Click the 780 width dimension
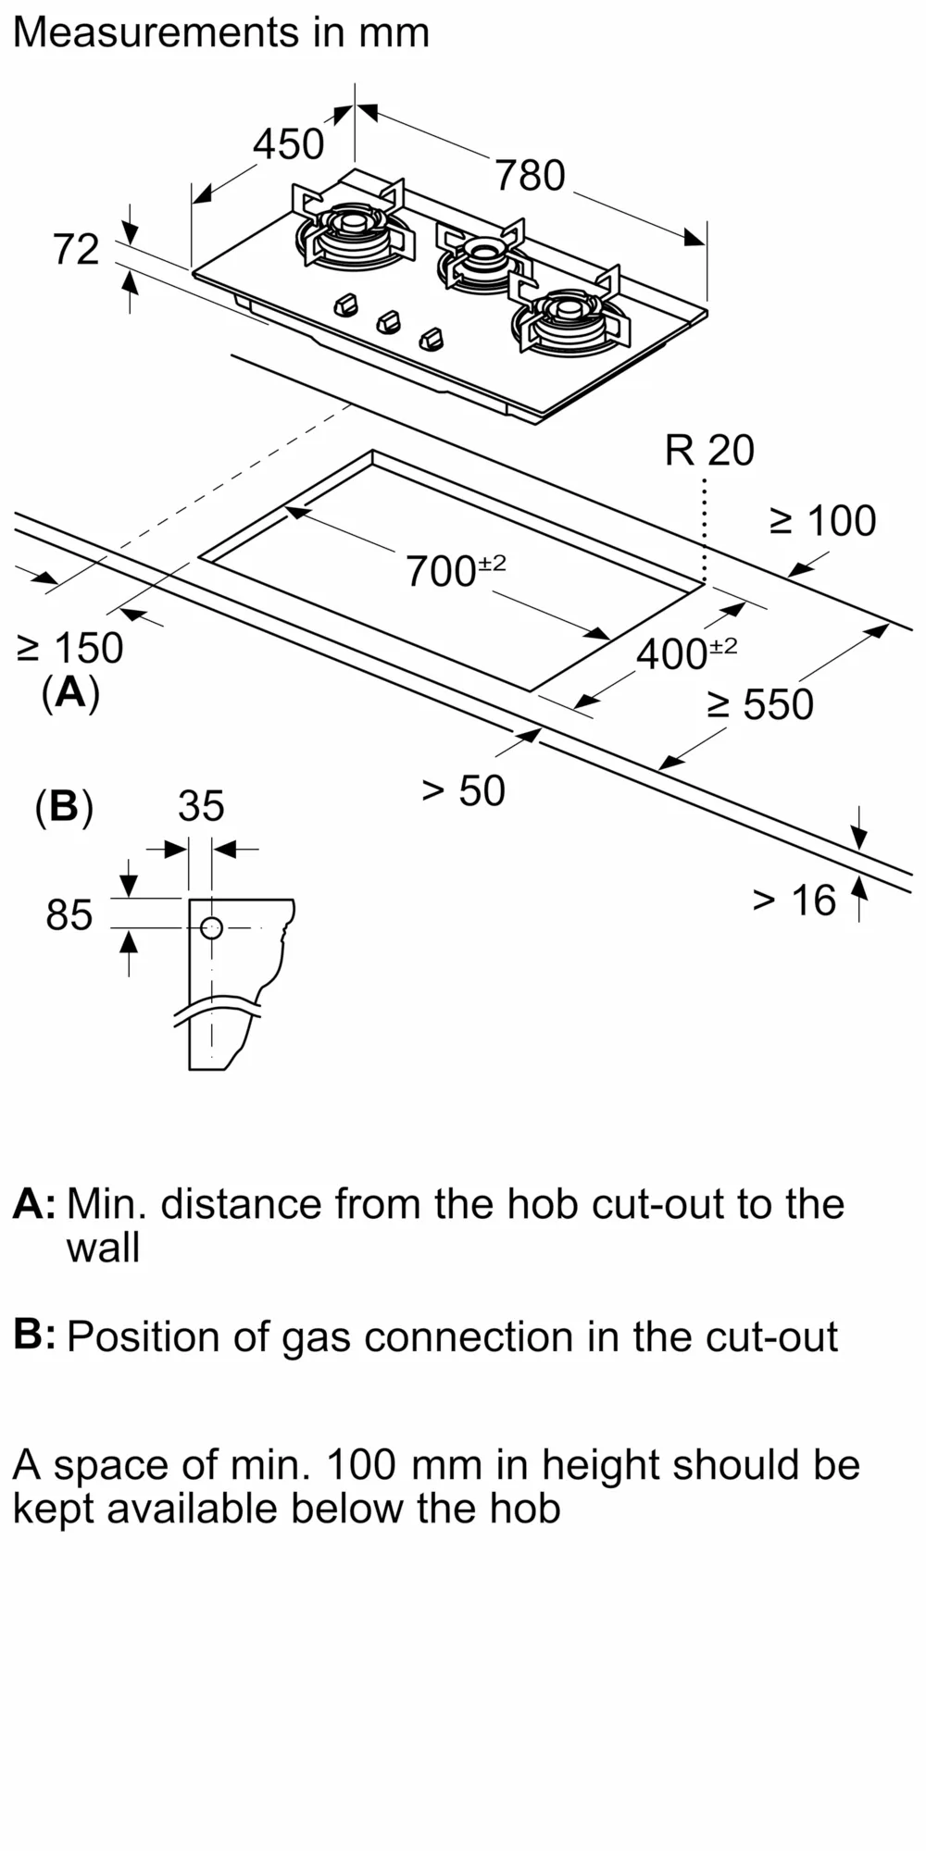(x=530, y=176)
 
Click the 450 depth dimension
(x=288, y=144)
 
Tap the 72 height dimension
(x=75, y=250)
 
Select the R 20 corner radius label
(x=709, y=451)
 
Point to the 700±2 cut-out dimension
(x=455, y=570)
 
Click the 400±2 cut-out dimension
(x=686, y=653)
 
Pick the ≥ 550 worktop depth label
(x=760, y=705)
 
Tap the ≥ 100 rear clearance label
(x=822, y=521)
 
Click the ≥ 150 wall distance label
(x=70, y=648)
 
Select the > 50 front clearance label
(x=463, y=790)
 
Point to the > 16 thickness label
(x=794, y=901)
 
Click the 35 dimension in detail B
(x=201, y=806)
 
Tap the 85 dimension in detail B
(x=69, y=915)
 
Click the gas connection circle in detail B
(x=211, y=927)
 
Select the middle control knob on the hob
(x=389, y=321)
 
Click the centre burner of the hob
(x=482, y=249)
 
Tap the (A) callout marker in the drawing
(x=70, y=692)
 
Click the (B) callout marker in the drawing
(x=64, y=806)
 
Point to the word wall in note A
(x=103, y=1248)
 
